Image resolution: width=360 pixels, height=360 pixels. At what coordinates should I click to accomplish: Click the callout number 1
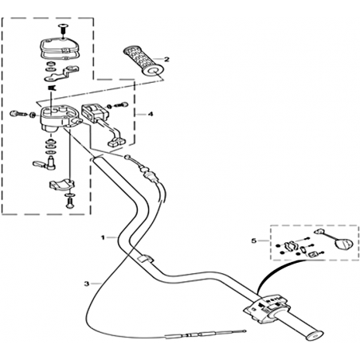[x=103, y=237]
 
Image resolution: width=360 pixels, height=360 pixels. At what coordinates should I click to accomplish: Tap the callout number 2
[x=166, y=59]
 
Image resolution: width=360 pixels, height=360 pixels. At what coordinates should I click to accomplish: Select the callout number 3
[x=87, y=284]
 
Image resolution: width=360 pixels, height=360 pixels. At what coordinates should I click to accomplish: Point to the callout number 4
[x=151, y=114]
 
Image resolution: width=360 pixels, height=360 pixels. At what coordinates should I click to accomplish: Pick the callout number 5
[x=254, y=241]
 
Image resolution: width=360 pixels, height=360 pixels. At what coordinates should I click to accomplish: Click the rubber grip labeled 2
[x=143, y=61]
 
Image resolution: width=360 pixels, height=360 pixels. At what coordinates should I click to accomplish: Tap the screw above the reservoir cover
[x=63, y=29]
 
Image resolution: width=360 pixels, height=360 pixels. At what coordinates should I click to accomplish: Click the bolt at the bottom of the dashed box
[x=70, y=202]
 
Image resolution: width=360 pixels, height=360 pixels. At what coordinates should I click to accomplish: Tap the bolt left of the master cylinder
[x=18, y=114]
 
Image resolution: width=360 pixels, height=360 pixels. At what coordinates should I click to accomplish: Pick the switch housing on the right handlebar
[x=265, y=308]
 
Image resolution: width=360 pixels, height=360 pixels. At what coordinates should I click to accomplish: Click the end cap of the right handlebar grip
[x=315, y=335]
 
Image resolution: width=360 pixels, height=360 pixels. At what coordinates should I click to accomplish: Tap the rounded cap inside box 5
[x=344, y=244]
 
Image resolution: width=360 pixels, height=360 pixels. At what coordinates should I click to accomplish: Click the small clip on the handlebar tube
[x=145, y=258]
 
